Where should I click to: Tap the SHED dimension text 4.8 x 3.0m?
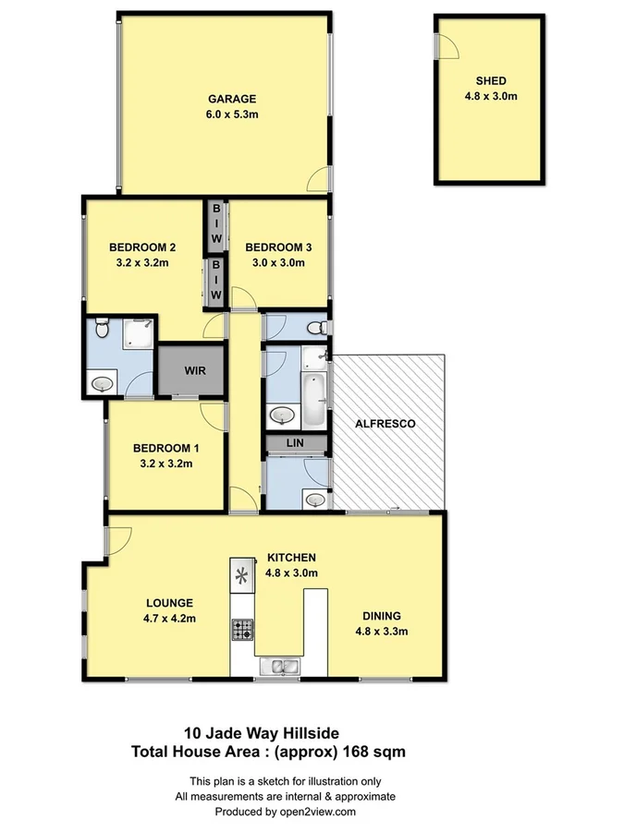490,95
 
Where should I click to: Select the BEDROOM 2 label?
142,247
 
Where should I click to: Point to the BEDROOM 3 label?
278,247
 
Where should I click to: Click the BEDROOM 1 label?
166,448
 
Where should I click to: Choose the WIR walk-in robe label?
194,371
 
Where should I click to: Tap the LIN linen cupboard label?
296,444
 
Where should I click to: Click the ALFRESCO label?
385,424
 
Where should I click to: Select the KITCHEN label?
292,558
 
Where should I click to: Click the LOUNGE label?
168,603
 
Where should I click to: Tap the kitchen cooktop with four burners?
242,630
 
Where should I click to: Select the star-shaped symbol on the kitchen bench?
242,577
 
